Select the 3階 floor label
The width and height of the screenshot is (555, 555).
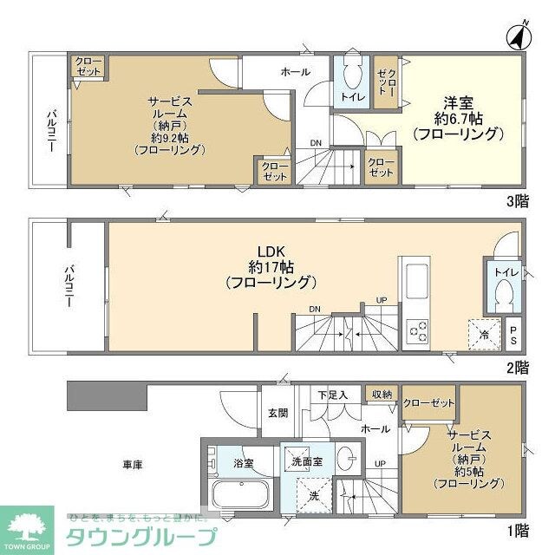pos(517,201)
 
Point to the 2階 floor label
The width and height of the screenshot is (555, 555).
pos(517,368)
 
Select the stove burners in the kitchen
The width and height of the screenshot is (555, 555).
pos(417,330)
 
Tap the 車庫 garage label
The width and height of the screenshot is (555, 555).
pos(132,465)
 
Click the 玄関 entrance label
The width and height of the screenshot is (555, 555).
pos(277,412)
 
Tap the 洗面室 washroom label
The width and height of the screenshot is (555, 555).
pos(307,461)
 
